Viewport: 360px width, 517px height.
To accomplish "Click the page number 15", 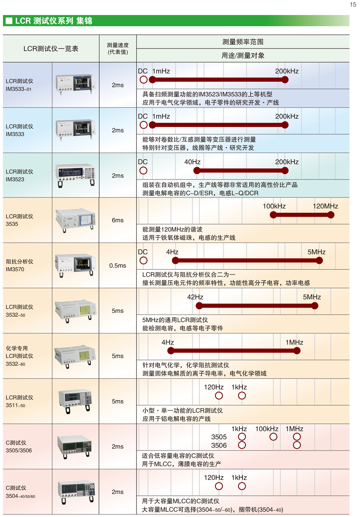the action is [x=353, y=5].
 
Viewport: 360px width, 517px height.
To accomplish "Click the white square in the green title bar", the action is [x=9, y=21].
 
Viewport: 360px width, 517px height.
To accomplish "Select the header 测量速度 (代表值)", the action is [x=118, y=49].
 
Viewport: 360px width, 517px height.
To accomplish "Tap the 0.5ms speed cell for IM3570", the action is [x=118, y=266].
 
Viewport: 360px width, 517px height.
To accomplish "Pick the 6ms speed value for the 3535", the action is [x=118, y=220].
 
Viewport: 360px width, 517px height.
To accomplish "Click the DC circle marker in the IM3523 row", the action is [x=143, y=171].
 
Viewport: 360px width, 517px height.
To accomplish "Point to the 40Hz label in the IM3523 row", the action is [x=192, y=162].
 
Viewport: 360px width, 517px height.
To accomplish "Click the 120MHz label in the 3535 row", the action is [x=325, y=206].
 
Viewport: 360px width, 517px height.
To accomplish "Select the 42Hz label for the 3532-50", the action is [x=195, y=297].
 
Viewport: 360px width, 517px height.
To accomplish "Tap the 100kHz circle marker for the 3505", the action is [x=273, y=437].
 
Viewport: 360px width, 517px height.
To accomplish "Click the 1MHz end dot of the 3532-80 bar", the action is [x=297, y=351].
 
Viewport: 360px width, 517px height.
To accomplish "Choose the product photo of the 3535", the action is [x=76, y=220].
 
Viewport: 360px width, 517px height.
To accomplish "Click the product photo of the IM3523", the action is [x=76, y=176].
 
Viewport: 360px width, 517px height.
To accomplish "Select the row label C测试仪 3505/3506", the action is [x=19, y=446].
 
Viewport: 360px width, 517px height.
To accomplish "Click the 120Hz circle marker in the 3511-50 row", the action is [x=219, y=396].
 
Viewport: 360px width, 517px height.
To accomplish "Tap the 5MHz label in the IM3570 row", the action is [x=316, y=252].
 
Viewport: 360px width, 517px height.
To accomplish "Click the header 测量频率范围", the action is [x=243, y=42].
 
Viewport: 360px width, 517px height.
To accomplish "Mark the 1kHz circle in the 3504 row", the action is [x=242, y=486].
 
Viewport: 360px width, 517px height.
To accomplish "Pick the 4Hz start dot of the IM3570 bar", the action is [x=175, y=260].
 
